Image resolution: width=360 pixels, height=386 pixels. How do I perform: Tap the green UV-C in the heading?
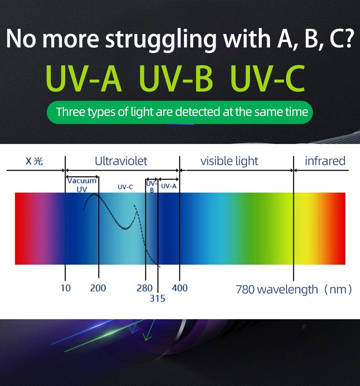click(x=268, y=79)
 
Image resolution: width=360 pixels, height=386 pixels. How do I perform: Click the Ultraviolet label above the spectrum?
click(x=121, y=161)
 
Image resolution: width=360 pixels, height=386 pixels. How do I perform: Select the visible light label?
click(x=229, y=161)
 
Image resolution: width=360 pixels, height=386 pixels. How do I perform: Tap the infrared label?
click(x=325, y=161)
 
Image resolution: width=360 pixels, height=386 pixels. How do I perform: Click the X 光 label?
click(x=34, y=161)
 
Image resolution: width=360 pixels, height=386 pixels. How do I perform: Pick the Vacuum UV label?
click(x=82, y=185)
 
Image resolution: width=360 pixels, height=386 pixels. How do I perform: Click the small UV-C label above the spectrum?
click(x=125, y=187)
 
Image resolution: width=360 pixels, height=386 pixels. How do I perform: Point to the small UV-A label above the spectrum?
click(x=168, y=186)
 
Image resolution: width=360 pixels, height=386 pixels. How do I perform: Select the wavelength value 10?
click(x=65, y=288)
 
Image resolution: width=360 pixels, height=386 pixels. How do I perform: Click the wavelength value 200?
click(x=98, y=288)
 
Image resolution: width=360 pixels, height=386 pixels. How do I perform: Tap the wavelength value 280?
click(x=144, y=288)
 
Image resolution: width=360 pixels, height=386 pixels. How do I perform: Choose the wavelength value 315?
click(x=157, y=298)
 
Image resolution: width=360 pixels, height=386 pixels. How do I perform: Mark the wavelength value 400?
click(x=180, y=288)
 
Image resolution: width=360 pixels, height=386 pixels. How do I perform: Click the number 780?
click(x=245, y=289)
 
